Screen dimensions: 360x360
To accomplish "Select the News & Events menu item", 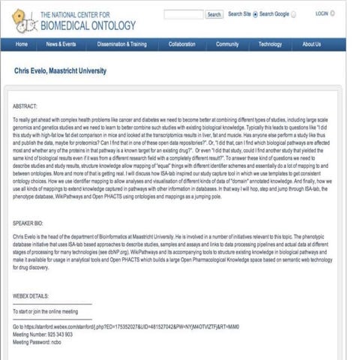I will [x=61, y=44].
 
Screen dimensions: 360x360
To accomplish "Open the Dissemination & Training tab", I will [x=121, y=44].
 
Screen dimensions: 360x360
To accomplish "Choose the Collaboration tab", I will [x=181, y=44].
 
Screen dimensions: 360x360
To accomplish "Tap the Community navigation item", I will [x=227, y=44].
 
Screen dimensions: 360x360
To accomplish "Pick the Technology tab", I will [x=270, y=44].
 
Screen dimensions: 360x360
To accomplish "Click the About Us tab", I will [x=311, y=44].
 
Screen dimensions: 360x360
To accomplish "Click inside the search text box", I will [x=183, y=14].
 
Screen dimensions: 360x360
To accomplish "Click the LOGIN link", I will [x=322, y=13].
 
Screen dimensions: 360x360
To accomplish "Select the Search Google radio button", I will [x=256, y=14].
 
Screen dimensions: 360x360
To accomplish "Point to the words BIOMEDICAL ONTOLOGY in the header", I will [x=88, y=25].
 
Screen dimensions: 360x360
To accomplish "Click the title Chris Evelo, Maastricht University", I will [x=61, y=71].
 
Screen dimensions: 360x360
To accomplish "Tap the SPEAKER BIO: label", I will [x=31, y=223].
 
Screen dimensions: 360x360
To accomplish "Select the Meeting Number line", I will [x=43, y=334].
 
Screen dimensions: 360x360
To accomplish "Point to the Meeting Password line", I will [x=42, y=341].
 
